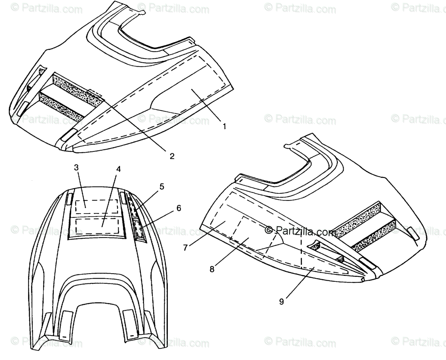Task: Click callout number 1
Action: tap(224, 126)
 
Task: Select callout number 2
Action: tap(172, 156)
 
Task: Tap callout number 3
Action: tap(76, 167)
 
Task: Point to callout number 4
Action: tap(118, 169)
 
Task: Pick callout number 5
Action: tap(161, 186)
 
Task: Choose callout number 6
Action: tap(179, 208)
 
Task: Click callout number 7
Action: tap(186, 247)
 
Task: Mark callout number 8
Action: tap(212, 269)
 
